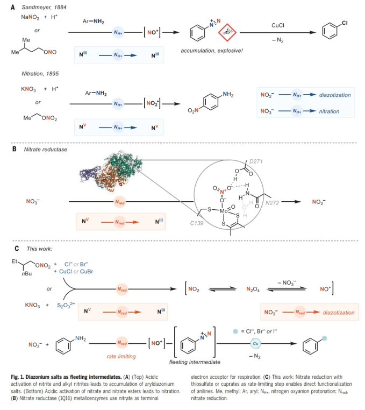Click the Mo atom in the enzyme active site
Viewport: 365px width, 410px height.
pos(225,211)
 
